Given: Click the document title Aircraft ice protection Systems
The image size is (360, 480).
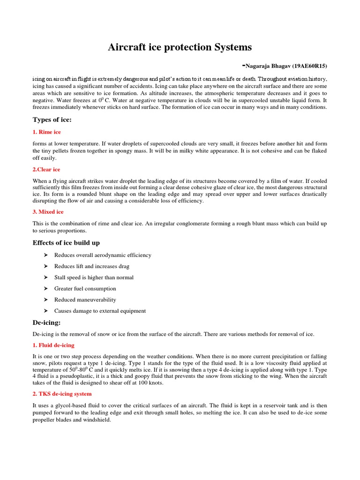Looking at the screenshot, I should click(180, 47).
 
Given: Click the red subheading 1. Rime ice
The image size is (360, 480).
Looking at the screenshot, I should click(46, 132).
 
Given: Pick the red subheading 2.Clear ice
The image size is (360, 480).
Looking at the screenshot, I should click(46, 169).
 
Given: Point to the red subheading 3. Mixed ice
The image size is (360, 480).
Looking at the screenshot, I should click(48, 212).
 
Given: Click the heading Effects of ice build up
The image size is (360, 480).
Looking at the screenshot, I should click(66, 242).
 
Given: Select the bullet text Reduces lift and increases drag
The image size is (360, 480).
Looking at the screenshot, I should click(91, 266).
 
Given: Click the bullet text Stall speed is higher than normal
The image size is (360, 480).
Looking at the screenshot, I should click(94, 277).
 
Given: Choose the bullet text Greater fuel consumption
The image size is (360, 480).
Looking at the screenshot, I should click(85, 289).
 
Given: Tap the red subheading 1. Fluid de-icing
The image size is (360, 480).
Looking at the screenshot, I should click(53, 345).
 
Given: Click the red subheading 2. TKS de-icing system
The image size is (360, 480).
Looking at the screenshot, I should click(62, 394).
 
